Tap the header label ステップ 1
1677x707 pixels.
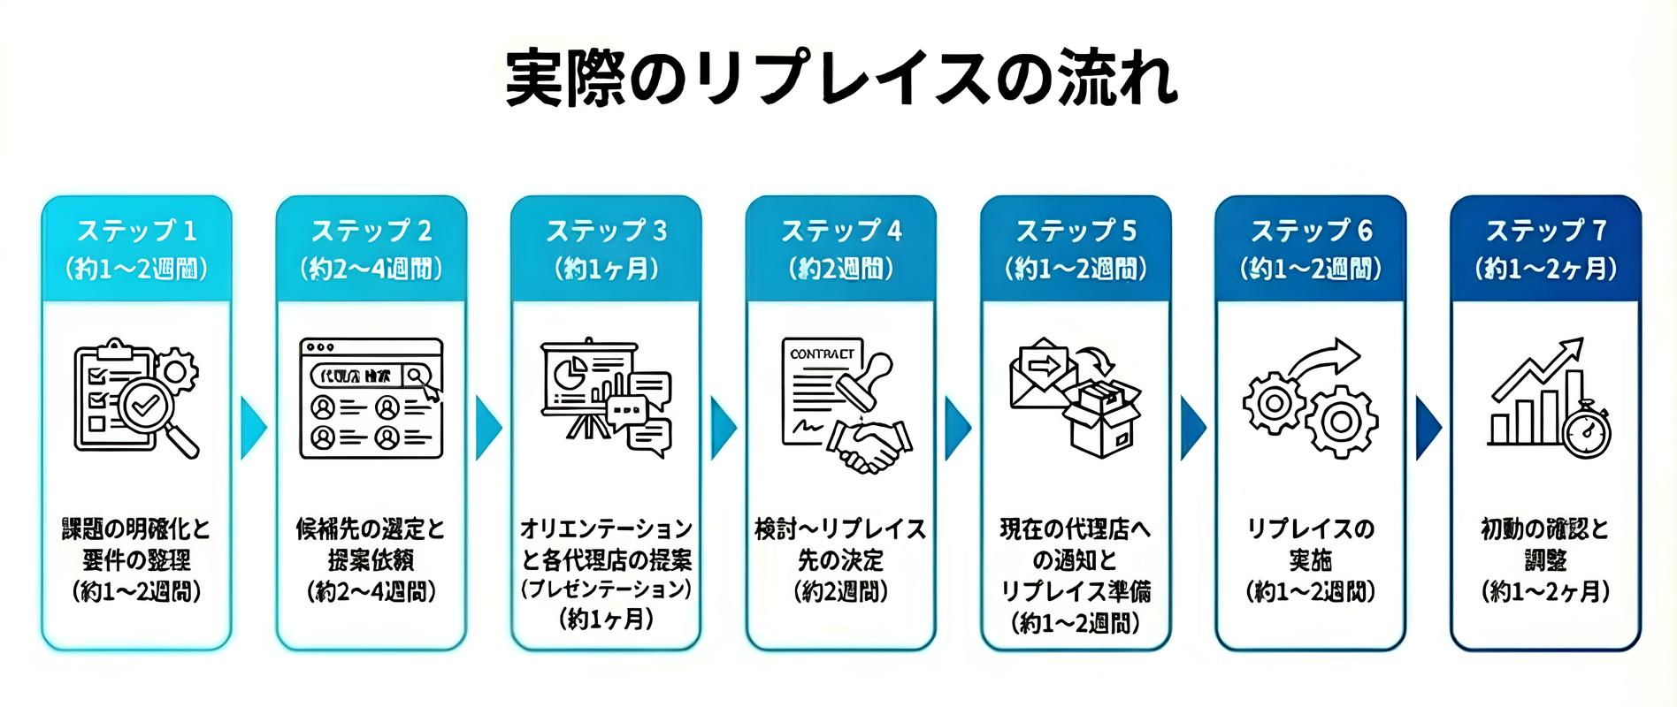[136, 232]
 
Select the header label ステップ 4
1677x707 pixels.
[840, 232]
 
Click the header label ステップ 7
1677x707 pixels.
[1545, 232]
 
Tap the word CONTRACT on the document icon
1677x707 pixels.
[823, 353]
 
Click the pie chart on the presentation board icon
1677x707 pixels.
[570, 371]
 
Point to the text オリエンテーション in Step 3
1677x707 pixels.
[606, 529]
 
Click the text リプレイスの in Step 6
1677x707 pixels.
[1310, 529]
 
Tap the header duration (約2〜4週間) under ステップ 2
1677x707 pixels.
[371, 268]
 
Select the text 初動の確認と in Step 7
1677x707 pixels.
[1545, 529]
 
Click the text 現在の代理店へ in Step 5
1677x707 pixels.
[1076, 529]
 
